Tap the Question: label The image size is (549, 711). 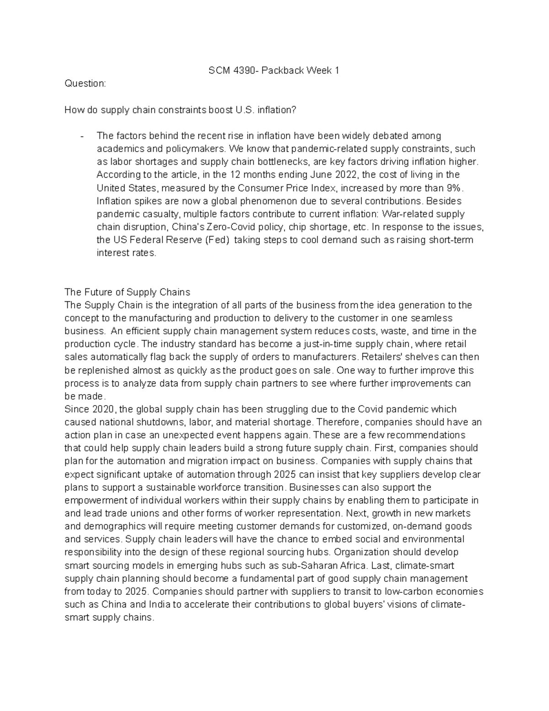(85, 83)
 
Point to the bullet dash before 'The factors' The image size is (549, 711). (81, 136)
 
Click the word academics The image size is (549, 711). (116, 149)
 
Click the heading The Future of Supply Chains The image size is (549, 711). (127, 292)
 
